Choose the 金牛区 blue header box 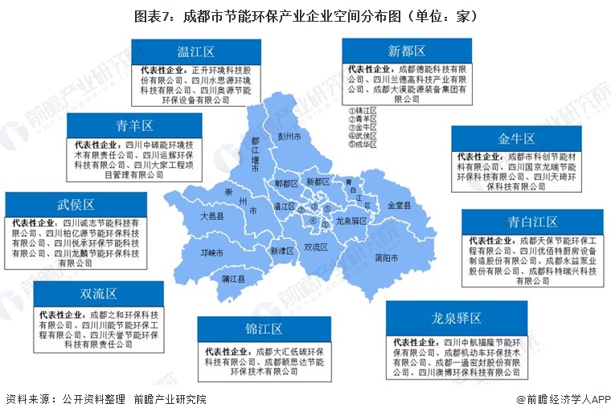[516, 138]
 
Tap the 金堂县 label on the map [399, 206]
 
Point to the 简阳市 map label [387, 257]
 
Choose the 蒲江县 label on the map [212, 281]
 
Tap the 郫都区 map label [286, 184]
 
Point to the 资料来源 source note [105, 399]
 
